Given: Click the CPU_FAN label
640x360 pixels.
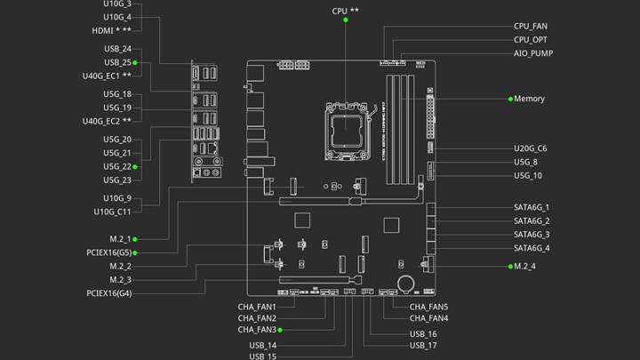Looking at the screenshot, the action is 530,26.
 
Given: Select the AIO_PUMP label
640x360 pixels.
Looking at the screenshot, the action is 533,53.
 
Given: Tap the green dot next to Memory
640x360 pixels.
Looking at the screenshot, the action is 510,99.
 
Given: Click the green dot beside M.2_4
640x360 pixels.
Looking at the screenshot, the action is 510,267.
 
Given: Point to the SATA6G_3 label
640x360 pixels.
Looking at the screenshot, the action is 532,235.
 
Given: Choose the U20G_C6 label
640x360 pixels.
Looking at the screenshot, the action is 530,148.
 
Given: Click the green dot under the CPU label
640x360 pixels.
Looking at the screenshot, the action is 346,20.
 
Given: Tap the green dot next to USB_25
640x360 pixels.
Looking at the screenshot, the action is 135,63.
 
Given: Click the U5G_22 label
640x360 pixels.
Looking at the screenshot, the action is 117,166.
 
